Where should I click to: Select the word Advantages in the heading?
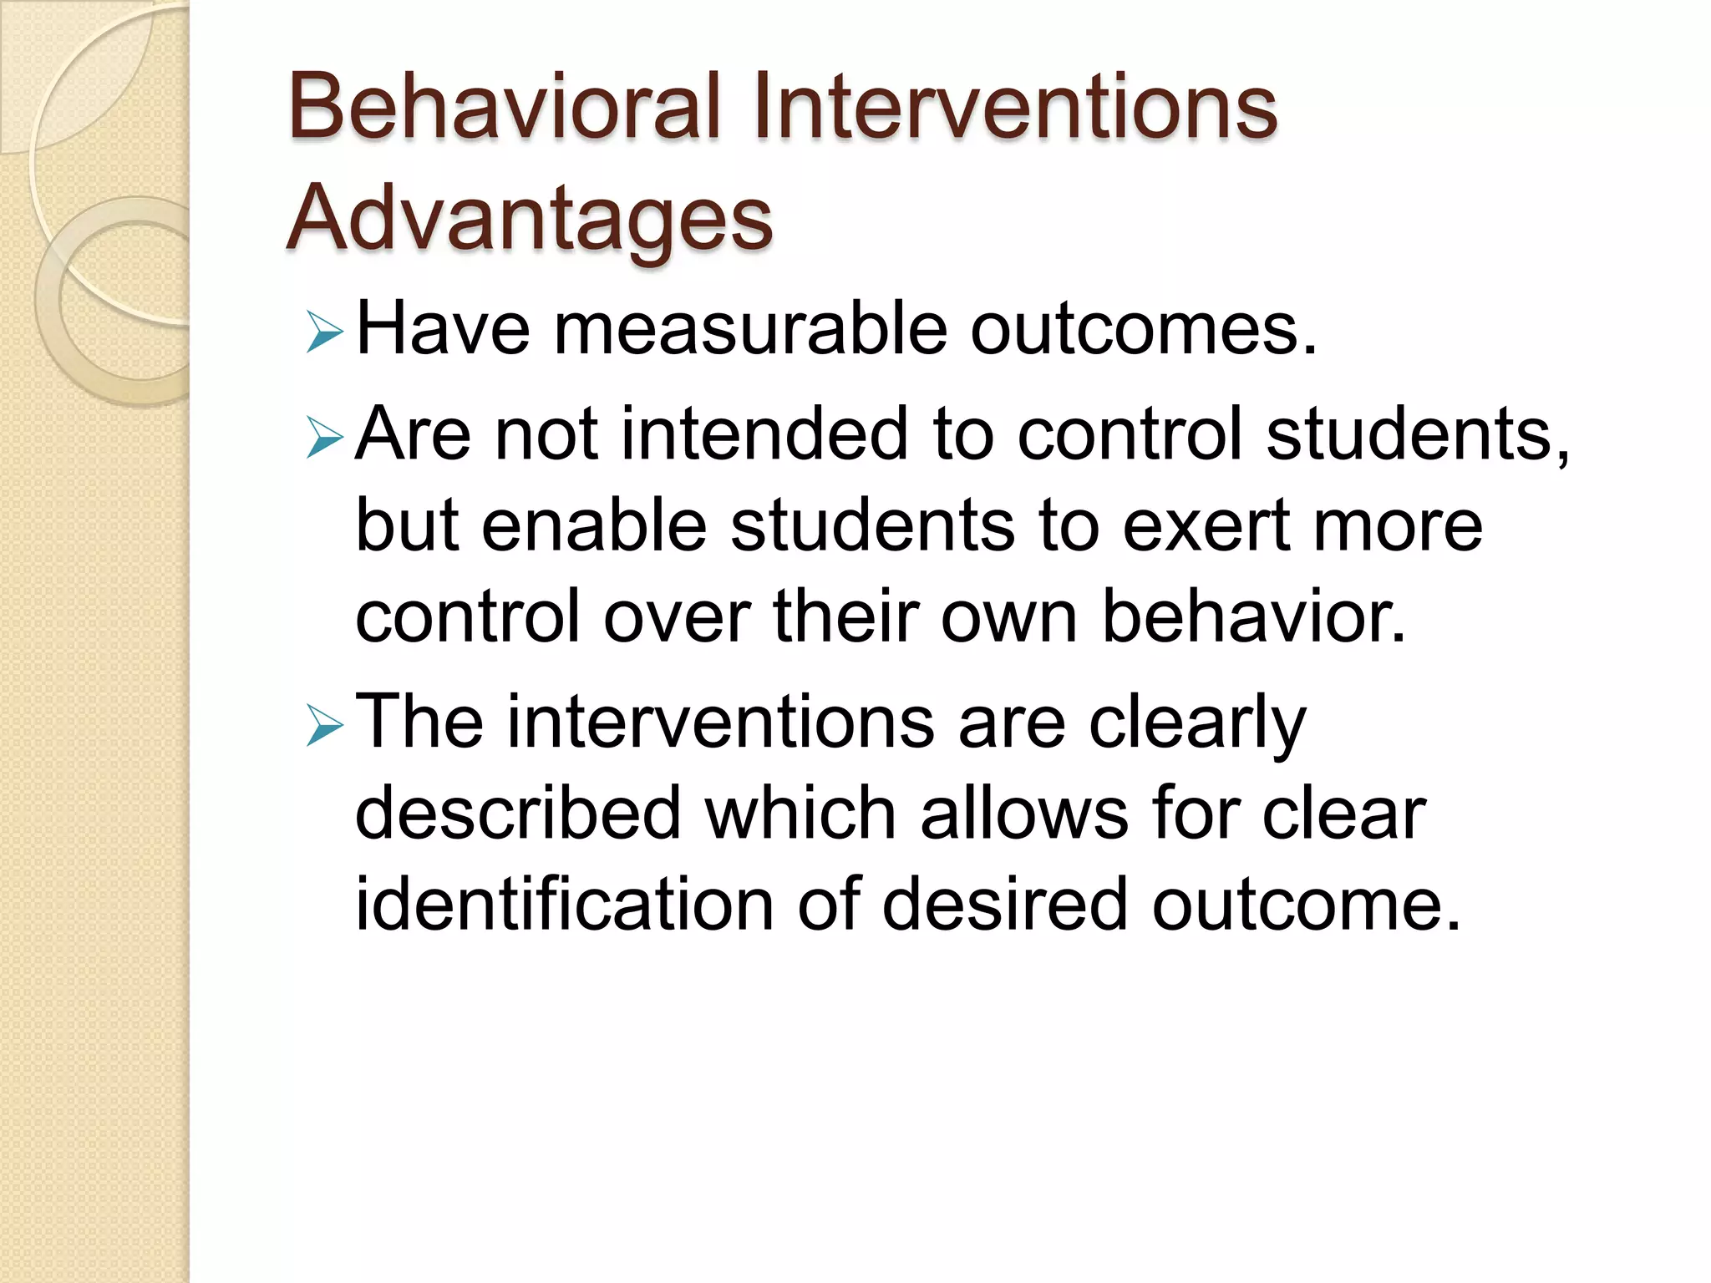(530, 219)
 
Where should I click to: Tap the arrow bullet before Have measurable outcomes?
(324, 332)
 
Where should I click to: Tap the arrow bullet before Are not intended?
(324, 438)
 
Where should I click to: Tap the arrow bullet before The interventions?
(324, 725)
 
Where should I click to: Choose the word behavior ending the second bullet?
(1253, 616)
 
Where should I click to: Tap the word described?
(518, 814)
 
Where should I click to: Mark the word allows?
(1023, 814)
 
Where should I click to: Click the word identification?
(565, 904)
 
